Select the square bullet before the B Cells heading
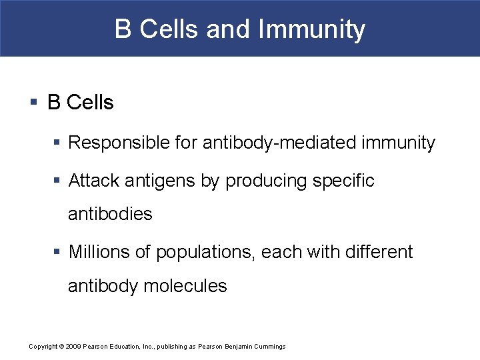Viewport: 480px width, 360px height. tap(34, 103)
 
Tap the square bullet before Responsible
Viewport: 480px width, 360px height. tap(59, 143)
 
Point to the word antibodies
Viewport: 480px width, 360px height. tap(110, 214)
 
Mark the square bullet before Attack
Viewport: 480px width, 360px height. tap(59, 181)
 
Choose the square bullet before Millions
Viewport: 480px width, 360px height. tap(59, 252)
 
